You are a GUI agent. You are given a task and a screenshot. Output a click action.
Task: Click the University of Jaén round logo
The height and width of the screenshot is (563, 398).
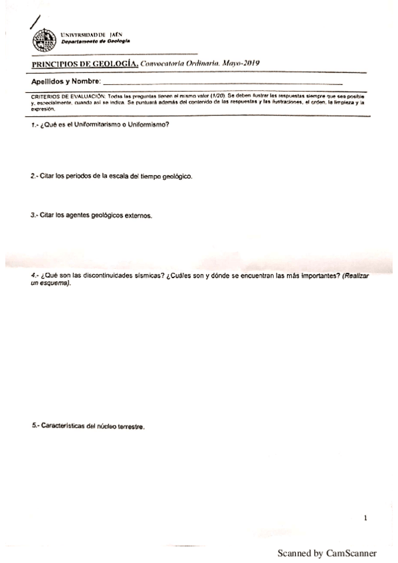click(44, 40)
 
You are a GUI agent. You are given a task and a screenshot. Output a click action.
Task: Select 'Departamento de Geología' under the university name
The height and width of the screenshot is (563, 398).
click(95, 41)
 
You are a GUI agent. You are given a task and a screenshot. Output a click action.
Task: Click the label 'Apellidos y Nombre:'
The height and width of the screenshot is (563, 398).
click(66, 81)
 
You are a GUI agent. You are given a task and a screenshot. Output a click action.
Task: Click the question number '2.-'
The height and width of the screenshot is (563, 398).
click(35, 178)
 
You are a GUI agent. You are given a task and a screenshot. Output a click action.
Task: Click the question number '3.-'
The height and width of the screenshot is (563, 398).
click(35, 216)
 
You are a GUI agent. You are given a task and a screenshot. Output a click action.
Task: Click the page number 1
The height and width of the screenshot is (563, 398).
click(365, 517)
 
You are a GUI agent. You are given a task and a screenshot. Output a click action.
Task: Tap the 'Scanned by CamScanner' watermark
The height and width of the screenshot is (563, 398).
click(327, 553)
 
